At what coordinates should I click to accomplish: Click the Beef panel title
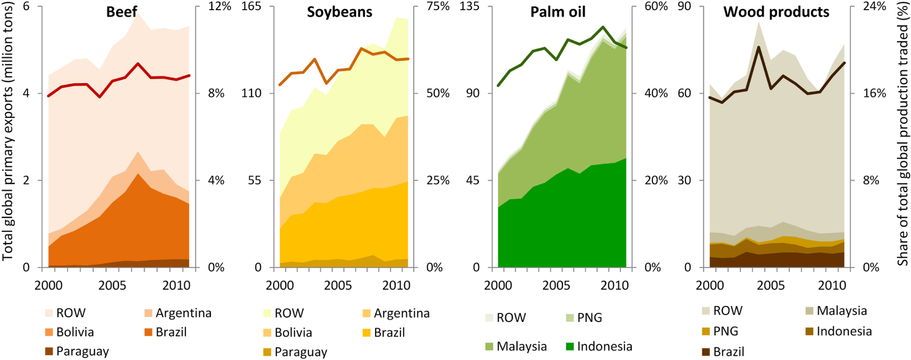tap(121, 12)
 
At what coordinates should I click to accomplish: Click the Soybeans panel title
tap(340, 12)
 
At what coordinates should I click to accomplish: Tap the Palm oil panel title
tap(558, 12)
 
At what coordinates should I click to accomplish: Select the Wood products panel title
tap(776, 12)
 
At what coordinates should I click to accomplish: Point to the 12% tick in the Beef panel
tap(220, 6)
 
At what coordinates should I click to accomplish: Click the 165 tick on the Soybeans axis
tap(251, 6)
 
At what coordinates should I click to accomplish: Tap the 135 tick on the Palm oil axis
tap(469, 6)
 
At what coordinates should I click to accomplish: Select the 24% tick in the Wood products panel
tap(874, 6)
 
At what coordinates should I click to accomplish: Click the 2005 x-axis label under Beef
tap(112, 286)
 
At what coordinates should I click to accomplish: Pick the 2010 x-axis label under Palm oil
tap(614, 286)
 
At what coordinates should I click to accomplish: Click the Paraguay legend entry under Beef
tap(77, 352)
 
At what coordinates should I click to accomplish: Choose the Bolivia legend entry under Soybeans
tap(288, 332)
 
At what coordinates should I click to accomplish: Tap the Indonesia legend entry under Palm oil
tap(599, 346)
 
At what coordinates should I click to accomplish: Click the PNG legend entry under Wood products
tap(720, 331)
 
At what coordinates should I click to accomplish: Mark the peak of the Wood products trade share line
tap(758, 47)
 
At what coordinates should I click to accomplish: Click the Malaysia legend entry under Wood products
tap(836, 311)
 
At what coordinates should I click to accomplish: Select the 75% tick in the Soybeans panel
tap(438, 6)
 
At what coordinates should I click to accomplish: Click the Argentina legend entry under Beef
tap(177, 313)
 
